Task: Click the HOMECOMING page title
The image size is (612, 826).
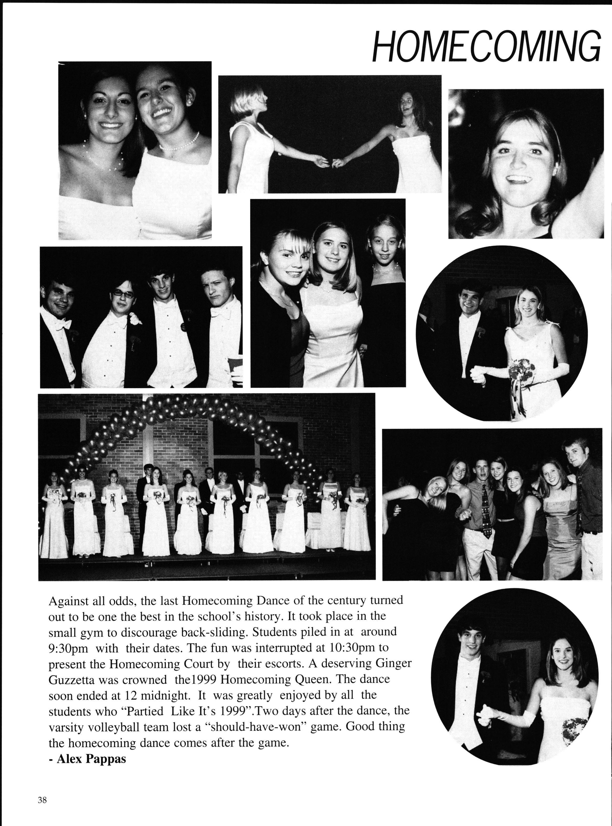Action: click(486, 46)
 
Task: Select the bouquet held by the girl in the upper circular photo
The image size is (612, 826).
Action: click(521, 369)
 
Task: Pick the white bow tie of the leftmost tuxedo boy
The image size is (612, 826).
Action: click(63, 324)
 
